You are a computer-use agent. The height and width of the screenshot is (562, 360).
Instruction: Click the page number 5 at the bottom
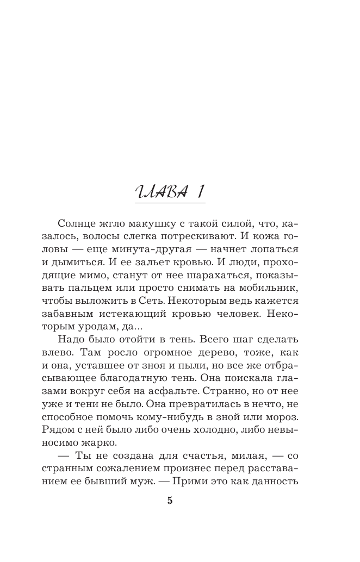tap(170, 501)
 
